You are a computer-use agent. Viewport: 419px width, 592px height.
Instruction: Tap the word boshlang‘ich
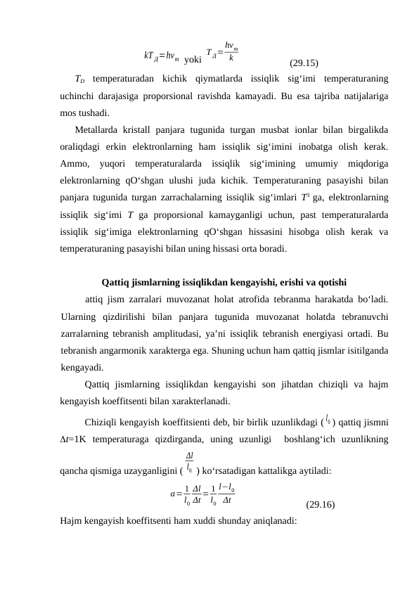[x=314, y=439]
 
